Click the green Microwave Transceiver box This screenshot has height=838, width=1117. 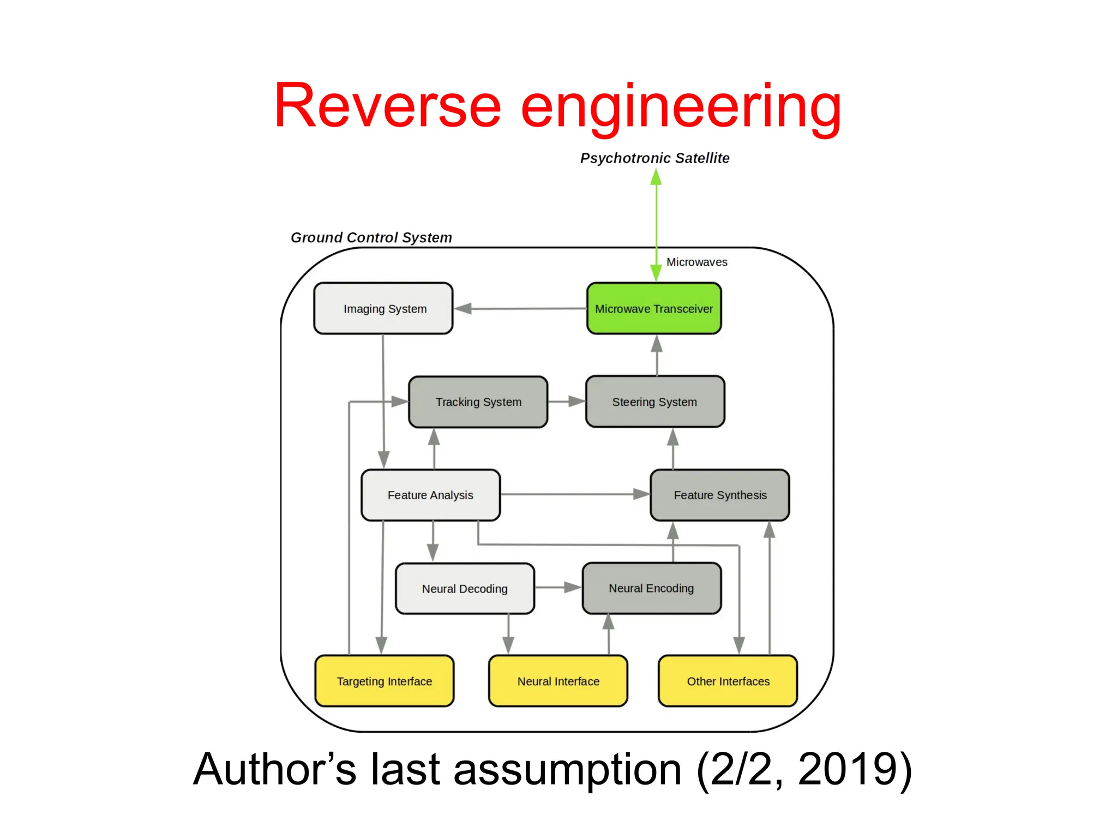coord(653,308)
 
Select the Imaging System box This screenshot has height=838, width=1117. coord(383,308)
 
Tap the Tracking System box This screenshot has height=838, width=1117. coord(478,402)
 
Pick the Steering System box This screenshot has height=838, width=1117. coord(654,402)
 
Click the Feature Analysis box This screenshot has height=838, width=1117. coord(430,495)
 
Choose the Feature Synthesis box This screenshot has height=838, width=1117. coord(719,495)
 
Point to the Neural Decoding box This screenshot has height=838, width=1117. coord(465,589)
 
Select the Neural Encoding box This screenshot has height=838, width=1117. coord(651,588)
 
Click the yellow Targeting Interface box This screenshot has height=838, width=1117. coord(384,681)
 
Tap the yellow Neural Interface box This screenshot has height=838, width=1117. coord(558,681)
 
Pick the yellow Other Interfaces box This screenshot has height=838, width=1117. coord(728,681)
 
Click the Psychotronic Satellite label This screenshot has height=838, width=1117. coord(654,158)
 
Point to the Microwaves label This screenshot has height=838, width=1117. coord(696,262)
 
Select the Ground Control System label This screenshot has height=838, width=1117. coord(371,237)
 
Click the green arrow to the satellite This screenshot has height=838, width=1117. coord(656,224)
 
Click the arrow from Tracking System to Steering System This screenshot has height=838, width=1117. coord(566,402)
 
